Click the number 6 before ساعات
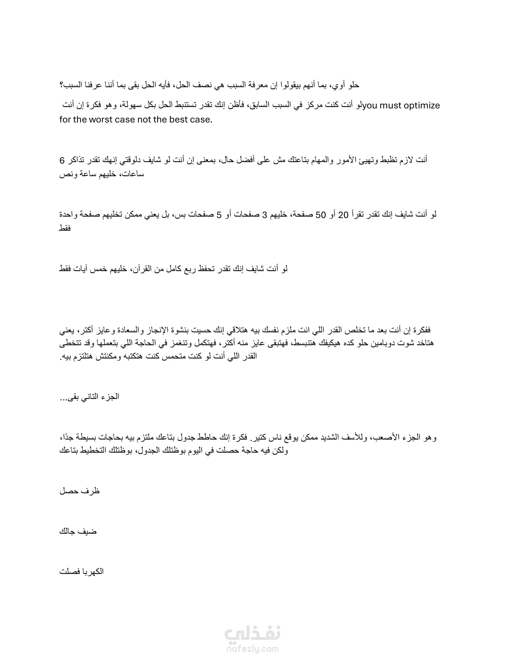click(x=62, y=161)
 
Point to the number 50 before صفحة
click(x=321, y=215)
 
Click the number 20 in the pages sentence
click(x=343, y=215)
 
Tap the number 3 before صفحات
click(x=264, y=215)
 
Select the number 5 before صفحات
click(x=219, y=215)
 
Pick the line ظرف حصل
click(x=80, y=491)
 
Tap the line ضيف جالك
click(x=78, y=532)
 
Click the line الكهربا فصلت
click(x=82, y=571)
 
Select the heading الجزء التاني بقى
click(x=89, y=397)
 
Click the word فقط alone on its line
click(x=65, y=228)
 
